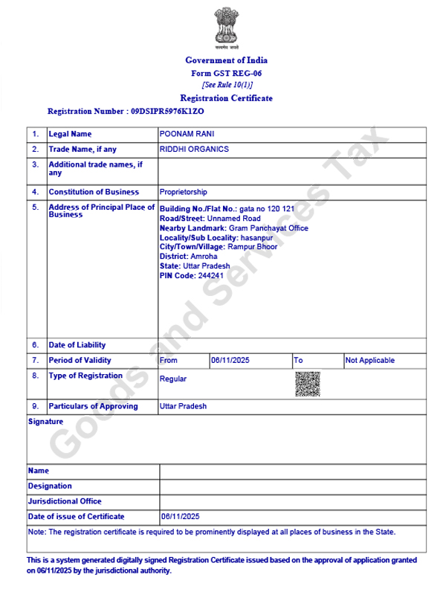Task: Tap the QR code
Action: pos(308,385)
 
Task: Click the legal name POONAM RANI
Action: pos(187,134)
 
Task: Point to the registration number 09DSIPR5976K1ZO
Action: pos(167,111)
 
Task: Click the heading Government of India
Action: pos(226,60)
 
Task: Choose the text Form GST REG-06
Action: pos(226,73)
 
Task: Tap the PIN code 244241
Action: pos(210,275)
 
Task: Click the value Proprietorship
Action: pos(184,192)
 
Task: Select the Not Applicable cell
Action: pos(370,361)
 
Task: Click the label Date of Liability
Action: pos(77,345)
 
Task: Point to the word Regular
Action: pos(173,379)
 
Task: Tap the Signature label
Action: pos(45,422)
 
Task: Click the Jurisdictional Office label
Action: pos(65,501)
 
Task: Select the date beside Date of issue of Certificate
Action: pos(181,516)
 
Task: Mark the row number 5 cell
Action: pos(35,208)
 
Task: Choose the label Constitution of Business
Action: pos(94,192)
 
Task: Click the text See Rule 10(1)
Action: pos(226,85)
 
